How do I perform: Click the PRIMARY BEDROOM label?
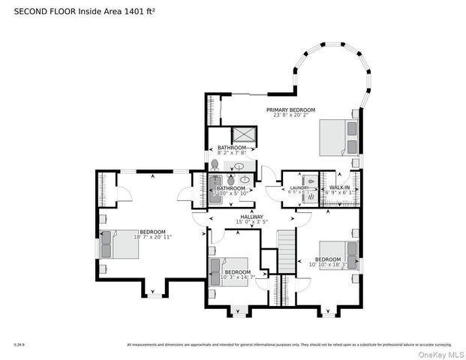click(290, 110)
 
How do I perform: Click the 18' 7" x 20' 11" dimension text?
click(153, 237)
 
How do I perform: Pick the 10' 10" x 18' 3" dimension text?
click(329, 265)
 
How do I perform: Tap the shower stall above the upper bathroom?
click(244, 135)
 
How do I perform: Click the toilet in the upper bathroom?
click(215, 165)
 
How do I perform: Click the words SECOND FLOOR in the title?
click(38, 10)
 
